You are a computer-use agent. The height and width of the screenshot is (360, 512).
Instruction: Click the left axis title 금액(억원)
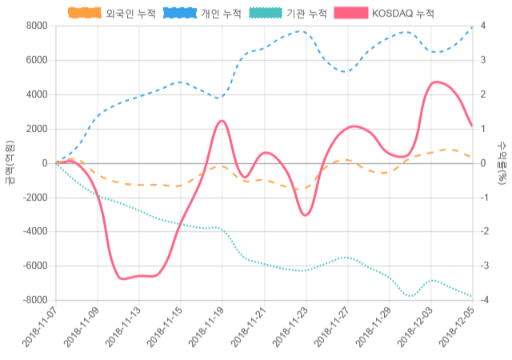[x=9, y=162]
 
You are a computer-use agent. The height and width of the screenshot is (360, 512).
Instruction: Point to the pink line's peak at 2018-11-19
[x=222, y=121]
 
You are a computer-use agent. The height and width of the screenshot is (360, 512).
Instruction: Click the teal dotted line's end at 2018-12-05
[x=472, y=297]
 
